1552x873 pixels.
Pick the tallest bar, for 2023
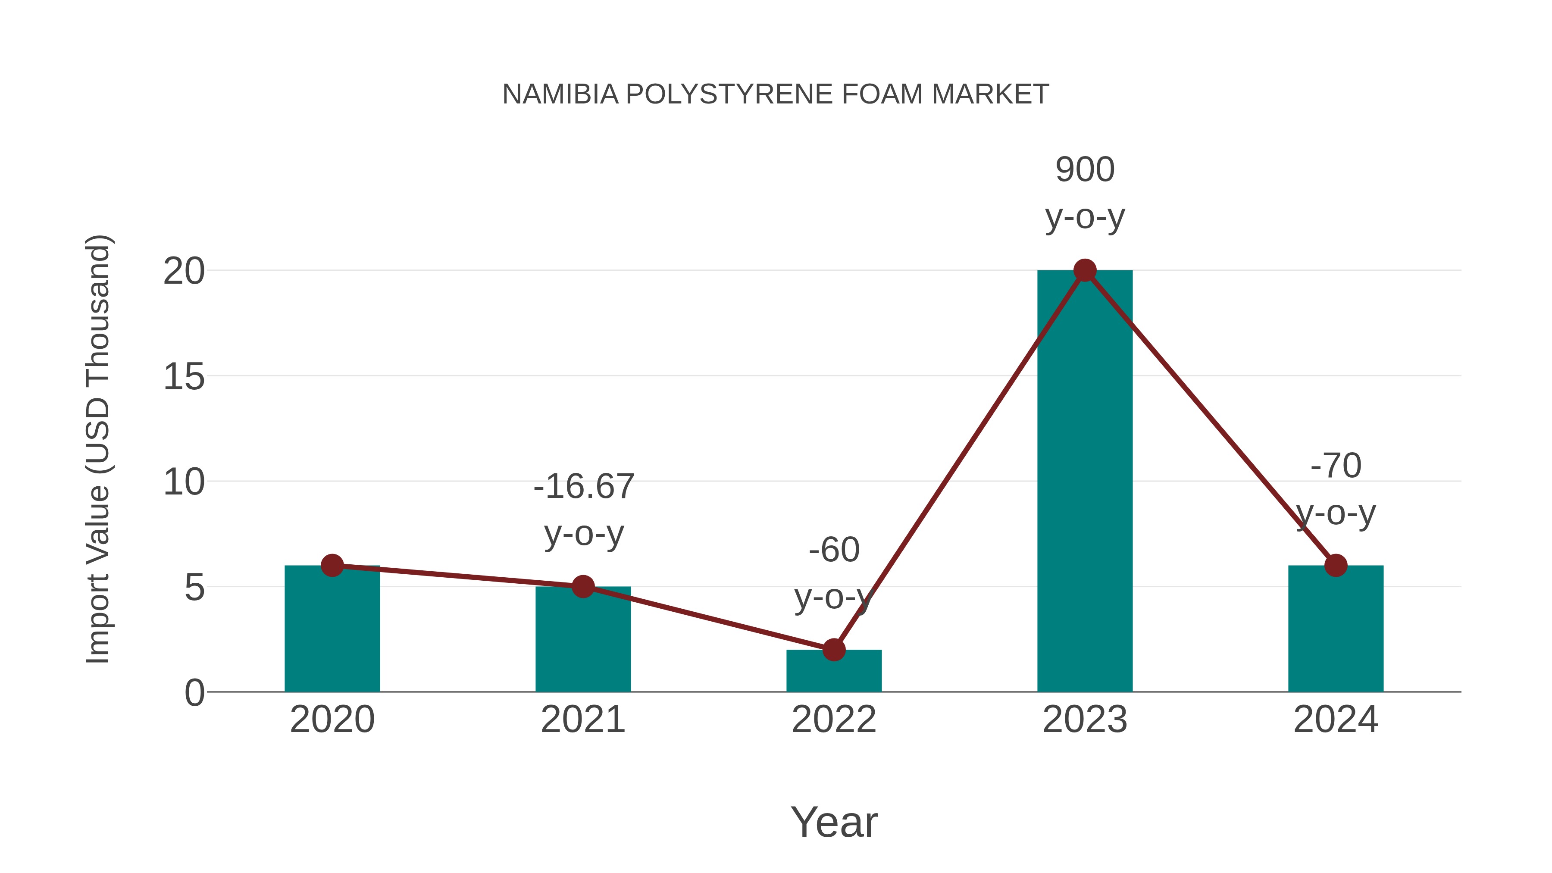pyautogui.click(x=1085, y=482)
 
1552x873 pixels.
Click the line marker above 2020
pyautogui.click(x=332, y=565)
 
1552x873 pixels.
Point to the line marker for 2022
pyautogui.click(x=834, y=650)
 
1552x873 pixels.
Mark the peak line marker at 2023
pyautogui.click(x=1085, y=270)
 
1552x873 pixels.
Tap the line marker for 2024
pyautogui.click(x=1336, y=565)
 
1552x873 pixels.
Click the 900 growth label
pyautogui.click(x=1085, y=169)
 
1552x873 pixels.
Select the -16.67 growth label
pyautogui.click(x=584, y=486)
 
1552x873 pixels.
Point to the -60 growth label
pyautogui.click(x=834, y=550)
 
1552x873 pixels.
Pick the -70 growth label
pyautogui.click(x=1336, y=466)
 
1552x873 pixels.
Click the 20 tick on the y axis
pyautogui.click(x=184, y=271)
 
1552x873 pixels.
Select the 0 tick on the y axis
pyautogui.click(x=194, y=693)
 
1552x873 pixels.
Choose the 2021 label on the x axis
pyautogui.click(x=582, y=720)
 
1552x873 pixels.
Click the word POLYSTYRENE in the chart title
pyautogui.click(x=729, y=94)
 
